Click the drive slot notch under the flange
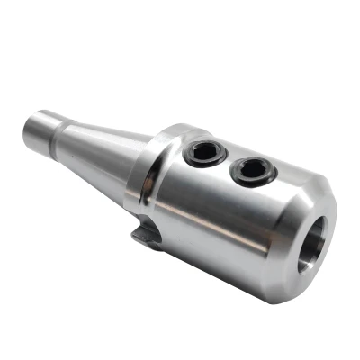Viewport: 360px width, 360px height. pyautogui.click(x=147, y=237)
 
